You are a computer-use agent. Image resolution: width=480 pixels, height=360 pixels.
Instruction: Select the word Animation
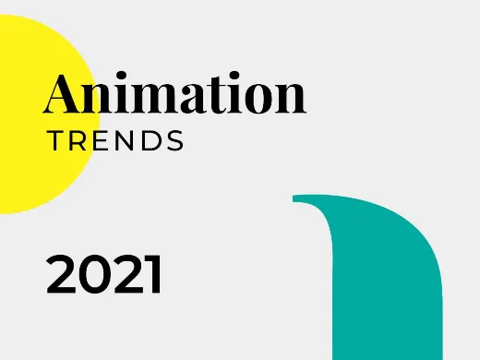tap(174, 94)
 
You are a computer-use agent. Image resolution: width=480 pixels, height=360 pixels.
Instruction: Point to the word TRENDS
tap(115, 142)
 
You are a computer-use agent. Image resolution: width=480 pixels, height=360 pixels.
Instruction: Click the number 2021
tap(104, 275)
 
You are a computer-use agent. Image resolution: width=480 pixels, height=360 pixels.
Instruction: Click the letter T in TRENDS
tap(54, 142)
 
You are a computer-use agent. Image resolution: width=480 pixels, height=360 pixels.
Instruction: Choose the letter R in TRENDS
tap(78, 142)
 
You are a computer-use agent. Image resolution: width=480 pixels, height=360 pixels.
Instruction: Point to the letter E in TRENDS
tap(102, 142)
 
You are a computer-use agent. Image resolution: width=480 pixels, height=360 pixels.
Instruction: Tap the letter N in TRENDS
tap(126, 142)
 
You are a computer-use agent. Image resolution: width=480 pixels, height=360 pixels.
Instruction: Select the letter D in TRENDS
tap(150, 142)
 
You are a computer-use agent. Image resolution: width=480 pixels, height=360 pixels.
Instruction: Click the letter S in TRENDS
tap(174, 142)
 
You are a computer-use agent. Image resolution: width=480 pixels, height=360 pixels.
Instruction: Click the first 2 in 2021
tap(62, 275)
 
